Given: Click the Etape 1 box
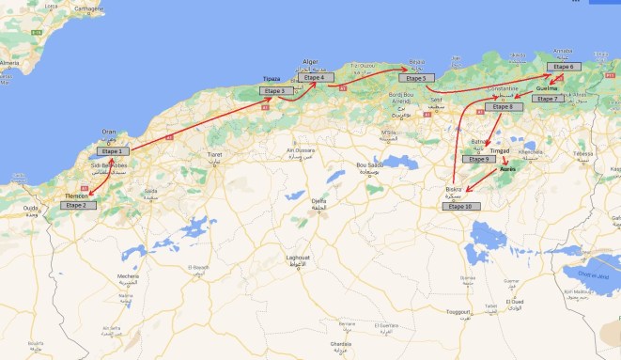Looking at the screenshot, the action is pyautogui.click(x=112, y=151).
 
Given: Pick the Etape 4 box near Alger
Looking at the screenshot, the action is pyautogui.click(x=315, y=78).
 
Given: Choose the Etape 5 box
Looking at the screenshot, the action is pyautogui.click(x=416, y=78).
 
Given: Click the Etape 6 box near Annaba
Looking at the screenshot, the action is pyautogui.click(x=562, y=67).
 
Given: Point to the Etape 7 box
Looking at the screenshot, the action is pyautogui.click(x=550, y=98).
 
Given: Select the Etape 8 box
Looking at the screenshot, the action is pyautogui.click(x=505, y=107).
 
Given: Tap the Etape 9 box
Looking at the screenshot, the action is pyautogui.click(x=480, y=160).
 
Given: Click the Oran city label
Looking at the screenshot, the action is pyautogui.click(x=109, y=133).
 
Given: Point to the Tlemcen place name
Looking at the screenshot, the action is pyautogui.click(x=77, y=196).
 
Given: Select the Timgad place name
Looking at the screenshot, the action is pyautogui.click(x=498, y=150).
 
